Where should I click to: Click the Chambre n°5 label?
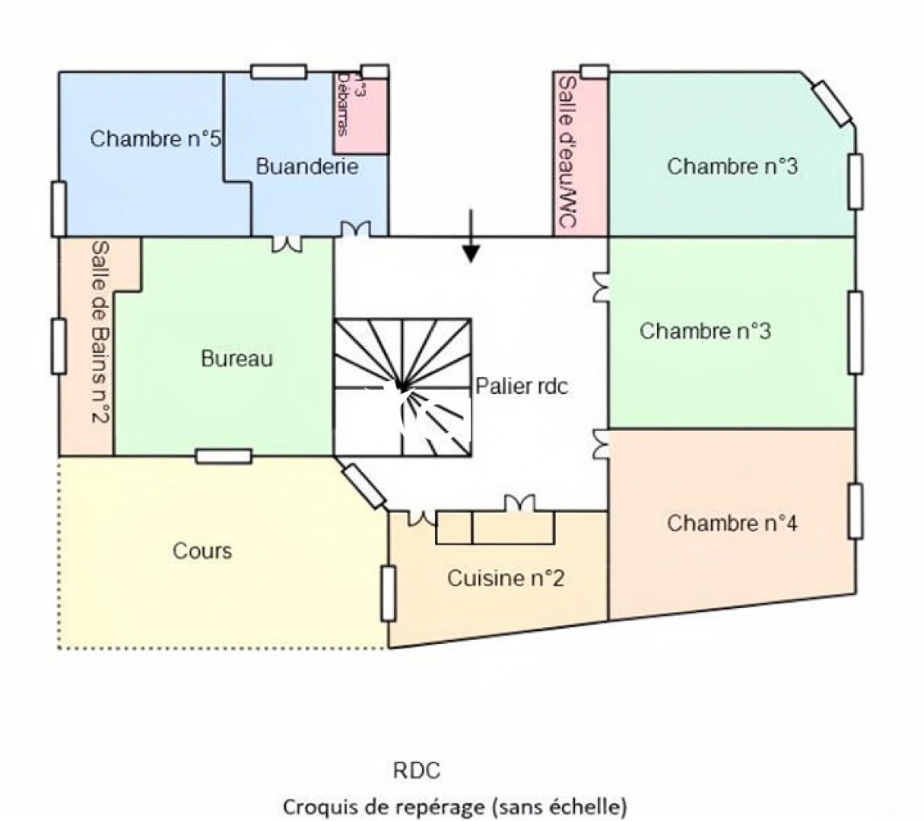click(155, 139)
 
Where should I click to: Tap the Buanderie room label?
click(306, 166)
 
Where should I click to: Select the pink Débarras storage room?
click(361, 114)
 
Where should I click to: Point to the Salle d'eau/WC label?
click(567, 152)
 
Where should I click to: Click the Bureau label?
click(237, 358)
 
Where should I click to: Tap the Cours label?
click(202, 550)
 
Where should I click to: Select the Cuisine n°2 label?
click(505, 578)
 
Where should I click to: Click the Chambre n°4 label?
click(732, 523)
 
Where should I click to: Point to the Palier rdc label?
click(522, 386)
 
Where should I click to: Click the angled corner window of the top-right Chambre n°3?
click(831, 103)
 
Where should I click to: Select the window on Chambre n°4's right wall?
click(856, 511)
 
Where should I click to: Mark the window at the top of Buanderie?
click(278, 72)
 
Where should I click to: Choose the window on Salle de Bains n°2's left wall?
click(59, 346)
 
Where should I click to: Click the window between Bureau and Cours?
click(223, 456)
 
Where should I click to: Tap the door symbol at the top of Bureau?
click(287, 242)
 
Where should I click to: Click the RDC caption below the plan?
click(416, 770)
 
